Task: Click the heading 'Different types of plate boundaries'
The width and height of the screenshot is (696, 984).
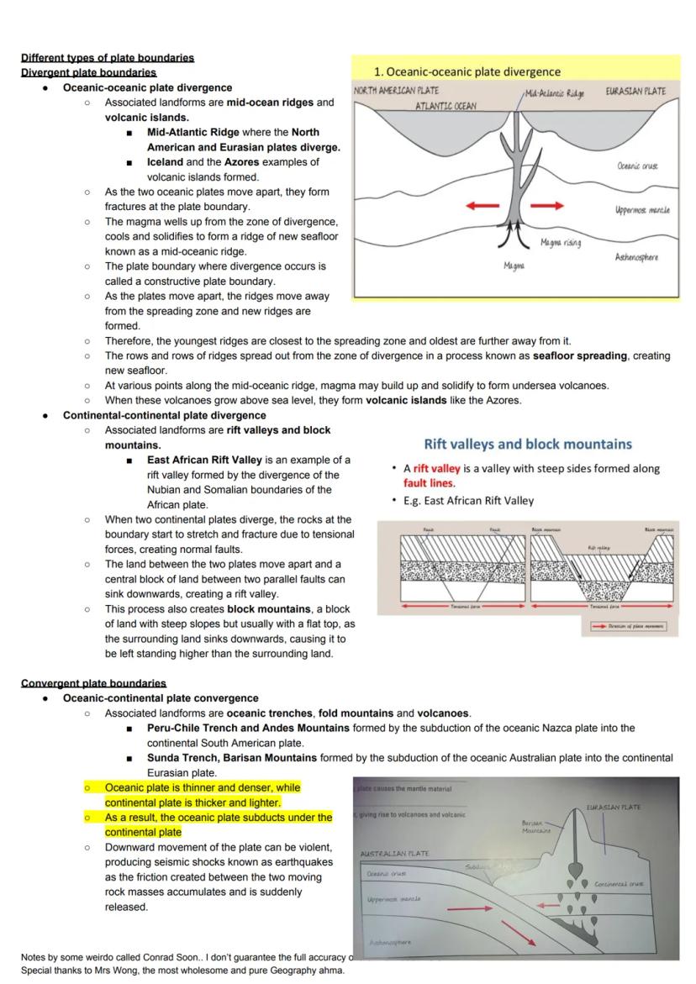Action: click(108, 58)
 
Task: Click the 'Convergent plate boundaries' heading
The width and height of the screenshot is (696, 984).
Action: click(93, 683)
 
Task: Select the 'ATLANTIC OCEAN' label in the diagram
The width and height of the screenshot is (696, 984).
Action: click(446, 107)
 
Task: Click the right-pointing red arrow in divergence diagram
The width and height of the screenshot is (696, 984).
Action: click(547, 205)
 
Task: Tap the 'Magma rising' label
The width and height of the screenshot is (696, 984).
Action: click(561, 243)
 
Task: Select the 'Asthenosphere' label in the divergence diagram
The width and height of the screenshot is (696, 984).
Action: click(636, 257)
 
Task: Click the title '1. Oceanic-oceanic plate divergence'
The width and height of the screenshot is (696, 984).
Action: click(467, 71)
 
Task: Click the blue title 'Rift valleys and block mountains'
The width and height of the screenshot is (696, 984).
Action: click(528, 444)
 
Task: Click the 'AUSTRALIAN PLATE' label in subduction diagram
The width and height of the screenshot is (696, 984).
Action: click(394, 854)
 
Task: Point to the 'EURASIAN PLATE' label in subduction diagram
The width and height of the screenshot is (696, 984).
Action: click(613, 808)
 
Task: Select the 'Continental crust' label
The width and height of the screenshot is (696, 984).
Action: click(619, 884)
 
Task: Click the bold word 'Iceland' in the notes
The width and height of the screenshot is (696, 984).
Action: click(165, 162)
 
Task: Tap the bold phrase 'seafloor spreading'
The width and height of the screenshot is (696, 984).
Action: click(580, 355)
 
